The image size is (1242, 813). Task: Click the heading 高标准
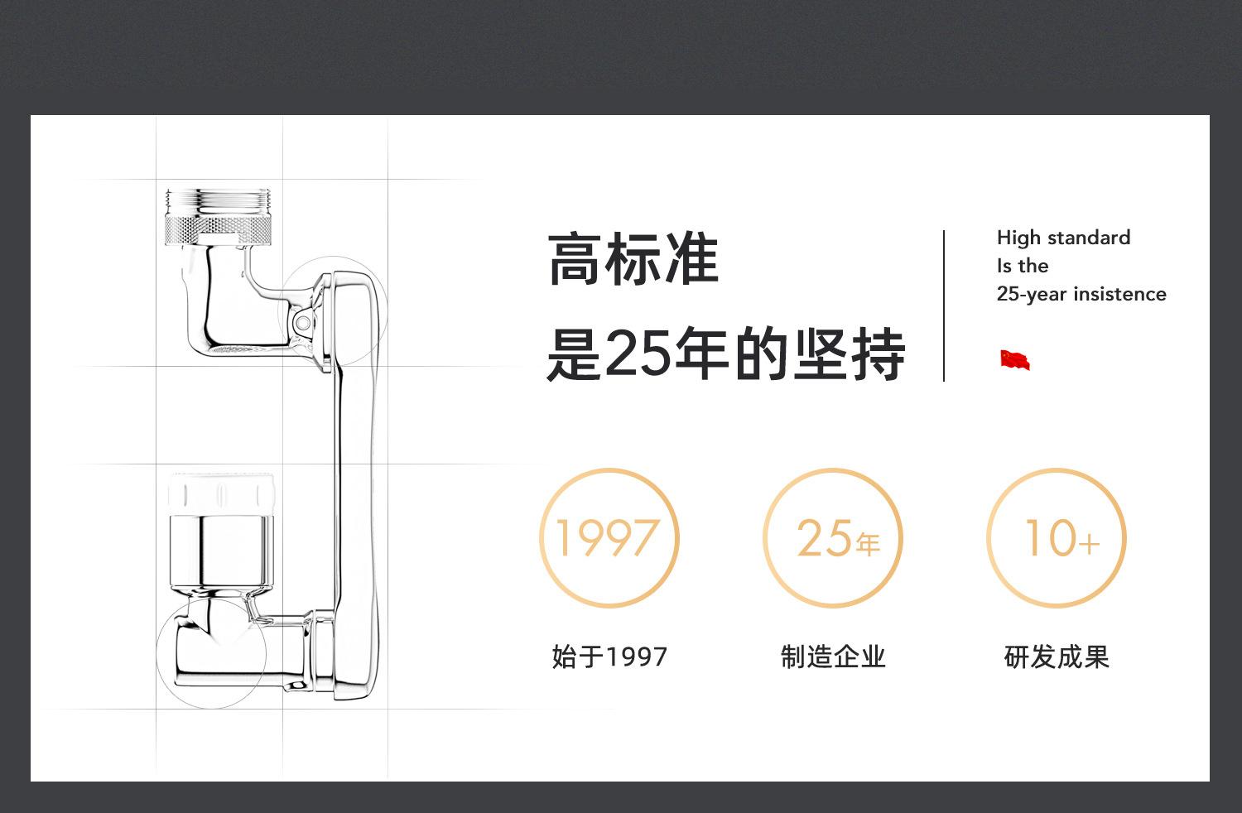[x=633, y=260]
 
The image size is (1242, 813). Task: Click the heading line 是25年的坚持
[x=725, y=354]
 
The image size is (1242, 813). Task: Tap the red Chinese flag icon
[x=1014, y=360]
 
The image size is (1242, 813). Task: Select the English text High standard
[x=1063, y=238]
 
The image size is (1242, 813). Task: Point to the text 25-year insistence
[x=1081, y=295]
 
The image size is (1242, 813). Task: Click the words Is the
[x=1023, y=267]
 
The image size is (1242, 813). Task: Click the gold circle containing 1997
[x=609, y=538]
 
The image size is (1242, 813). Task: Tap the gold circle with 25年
[x=833, y=538]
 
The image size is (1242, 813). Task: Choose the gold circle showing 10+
[x=1057, y=538]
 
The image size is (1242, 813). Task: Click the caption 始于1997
[x=609, y=657]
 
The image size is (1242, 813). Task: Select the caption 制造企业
[x=833, y=657]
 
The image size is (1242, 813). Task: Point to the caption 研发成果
[x=1057, y=657]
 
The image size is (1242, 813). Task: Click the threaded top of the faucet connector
[x=218, y=200]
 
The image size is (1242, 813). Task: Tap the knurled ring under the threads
[x=218, y=228]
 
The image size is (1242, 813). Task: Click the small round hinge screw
[x=305, y=320]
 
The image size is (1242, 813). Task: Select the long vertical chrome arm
[x=354, y=480]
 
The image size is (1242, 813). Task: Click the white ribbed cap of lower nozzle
[x=220, y=495]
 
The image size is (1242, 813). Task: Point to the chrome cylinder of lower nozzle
[x=220, y=551]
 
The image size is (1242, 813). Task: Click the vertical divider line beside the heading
[x=944, y=306]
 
